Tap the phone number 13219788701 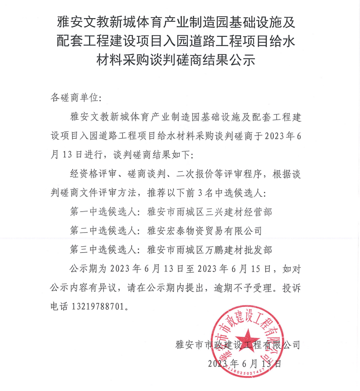point(97,306)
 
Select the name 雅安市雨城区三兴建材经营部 point(210,211)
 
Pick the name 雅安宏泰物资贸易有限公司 point(205,231)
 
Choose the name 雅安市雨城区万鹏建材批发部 point(210,249)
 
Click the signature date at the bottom point(245,363)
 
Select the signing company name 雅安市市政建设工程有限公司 point(238,345)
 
